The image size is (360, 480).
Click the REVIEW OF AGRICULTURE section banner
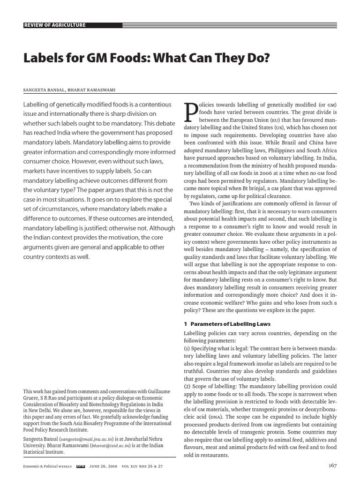[x=55, y=25]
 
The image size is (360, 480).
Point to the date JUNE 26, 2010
[x=102, y=466]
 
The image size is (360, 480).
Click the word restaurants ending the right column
[x=215, y=455]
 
